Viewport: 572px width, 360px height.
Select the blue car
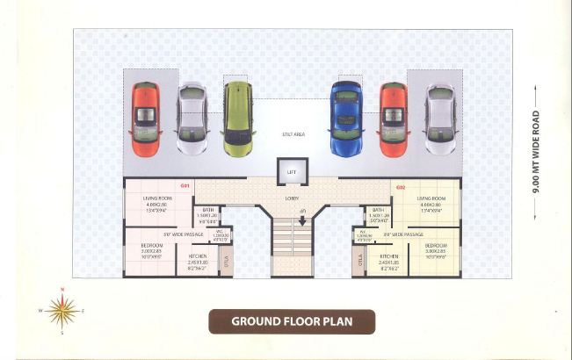click(346, 118)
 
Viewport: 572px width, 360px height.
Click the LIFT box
click(291, 172)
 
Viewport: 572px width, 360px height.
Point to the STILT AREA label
click(293, 134)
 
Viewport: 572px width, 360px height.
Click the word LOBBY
click(292, 198)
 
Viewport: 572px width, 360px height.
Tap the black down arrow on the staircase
click(303, 220)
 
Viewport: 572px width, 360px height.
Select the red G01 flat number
click(185, 186)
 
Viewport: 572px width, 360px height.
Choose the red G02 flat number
click(401, 186)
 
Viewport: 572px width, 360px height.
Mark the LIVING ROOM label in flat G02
click(432, 199)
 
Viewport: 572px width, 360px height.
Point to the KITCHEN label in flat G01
click(198, 256)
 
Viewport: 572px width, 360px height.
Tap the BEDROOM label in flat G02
click(436, 245)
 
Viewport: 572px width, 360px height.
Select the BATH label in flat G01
click(207, 210)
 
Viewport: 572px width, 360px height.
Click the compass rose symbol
click(62, 310)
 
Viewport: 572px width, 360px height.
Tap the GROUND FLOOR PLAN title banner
click(291, 321)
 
